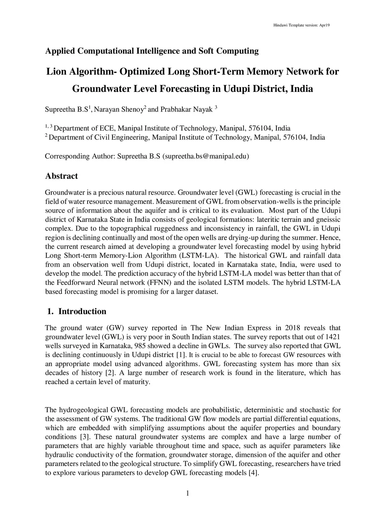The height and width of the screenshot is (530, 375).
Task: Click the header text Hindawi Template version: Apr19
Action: tap(302, 25)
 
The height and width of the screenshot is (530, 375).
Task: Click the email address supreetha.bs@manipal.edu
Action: tap(205, 156)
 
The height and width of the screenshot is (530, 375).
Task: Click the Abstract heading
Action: tap(61, 176)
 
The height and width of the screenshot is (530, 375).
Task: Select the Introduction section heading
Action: tap(82, 311)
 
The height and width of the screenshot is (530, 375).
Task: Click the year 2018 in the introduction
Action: tap(292, 328)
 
